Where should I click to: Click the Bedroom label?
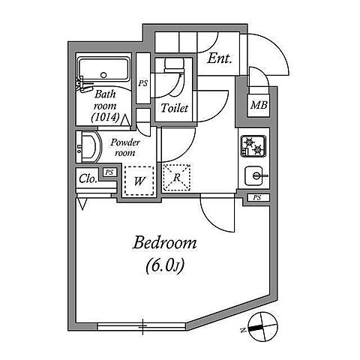coord(164,243)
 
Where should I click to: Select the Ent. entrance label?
coord(219,59)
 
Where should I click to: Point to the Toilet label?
coord(174,108)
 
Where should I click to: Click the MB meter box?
coord(259,105)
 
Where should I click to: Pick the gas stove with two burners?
coord(253,146)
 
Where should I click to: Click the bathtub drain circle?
coord(103,75)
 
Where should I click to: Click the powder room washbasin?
coord(88,147)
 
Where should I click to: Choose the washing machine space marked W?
coord(139,181)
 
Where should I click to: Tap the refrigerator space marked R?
coord(176,178)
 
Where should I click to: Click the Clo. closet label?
coord(88,179)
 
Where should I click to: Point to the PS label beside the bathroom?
coord(143,83)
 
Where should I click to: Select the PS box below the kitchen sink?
coord(258,198)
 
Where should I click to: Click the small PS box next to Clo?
coord(109,172)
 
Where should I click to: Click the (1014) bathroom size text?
coord(105,117)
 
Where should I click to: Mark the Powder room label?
coord(125,148)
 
